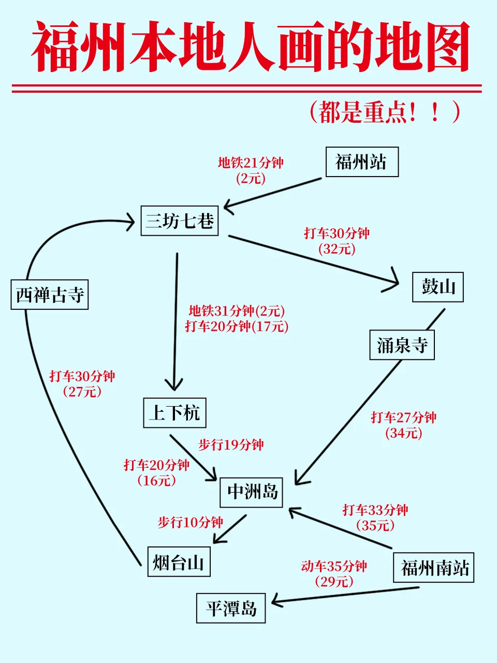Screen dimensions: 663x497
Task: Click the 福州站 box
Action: (362, 162)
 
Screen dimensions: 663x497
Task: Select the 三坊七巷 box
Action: (180, 221)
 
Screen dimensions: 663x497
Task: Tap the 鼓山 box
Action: (437, 287)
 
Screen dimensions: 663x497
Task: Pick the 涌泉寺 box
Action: (402, 345)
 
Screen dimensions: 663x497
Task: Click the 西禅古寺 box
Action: (50, 295)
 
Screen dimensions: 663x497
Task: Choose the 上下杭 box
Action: (174, 413)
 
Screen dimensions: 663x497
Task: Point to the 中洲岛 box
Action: (252, 492)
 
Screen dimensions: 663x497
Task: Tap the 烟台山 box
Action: (179, 561)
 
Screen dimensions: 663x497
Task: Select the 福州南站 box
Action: (434, 568)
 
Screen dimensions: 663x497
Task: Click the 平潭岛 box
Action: (231, 608)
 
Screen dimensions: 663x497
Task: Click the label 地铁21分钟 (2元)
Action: (251, 170)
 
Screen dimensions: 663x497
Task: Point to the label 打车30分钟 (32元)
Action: (337, 241)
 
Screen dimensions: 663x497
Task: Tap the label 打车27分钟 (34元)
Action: (404, 425)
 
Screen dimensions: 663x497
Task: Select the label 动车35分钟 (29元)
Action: (334, 574)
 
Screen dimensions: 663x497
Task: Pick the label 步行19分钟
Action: (231, 445)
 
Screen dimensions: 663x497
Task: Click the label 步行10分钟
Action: (190, 522)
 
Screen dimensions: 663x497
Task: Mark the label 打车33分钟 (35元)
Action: (375, 517)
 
